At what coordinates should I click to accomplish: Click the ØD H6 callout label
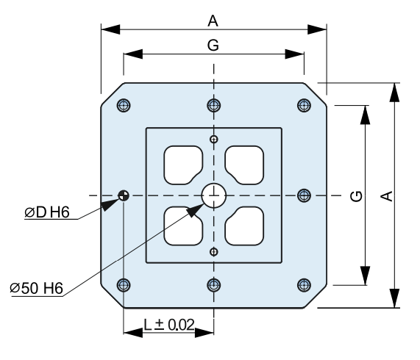[x=47, y=212]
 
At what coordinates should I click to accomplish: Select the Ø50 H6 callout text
[x=37, y=288]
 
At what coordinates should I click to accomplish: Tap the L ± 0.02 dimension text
[x=169, y=325]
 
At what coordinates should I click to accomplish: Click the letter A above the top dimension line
[x=213, y=21]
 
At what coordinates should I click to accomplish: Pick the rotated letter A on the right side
[x=386, y=196]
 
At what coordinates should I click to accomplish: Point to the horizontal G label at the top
[x=213, y=45]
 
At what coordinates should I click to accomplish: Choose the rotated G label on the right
[x=356, y=196]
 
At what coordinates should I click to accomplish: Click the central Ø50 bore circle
[x=214, y=195]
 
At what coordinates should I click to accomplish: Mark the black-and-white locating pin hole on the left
[x=124, y=195]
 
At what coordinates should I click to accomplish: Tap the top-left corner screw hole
[x=124, y=105]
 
